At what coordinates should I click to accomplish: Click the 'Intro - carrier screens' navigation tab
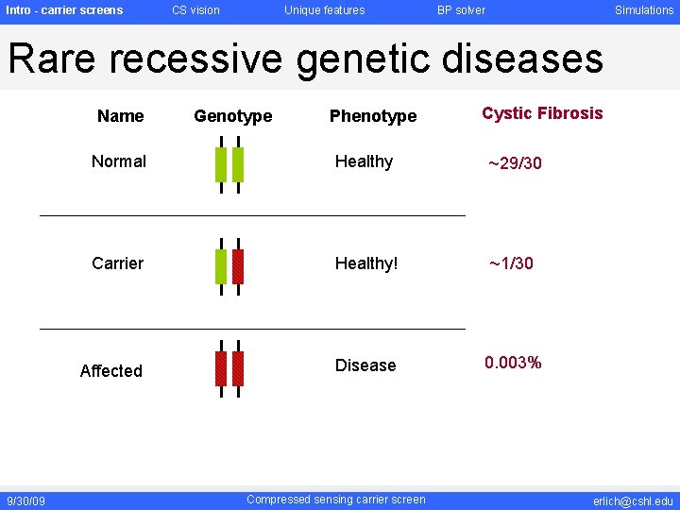[64, 10]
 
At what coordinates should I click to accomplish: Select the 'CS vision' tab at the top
[195, 10]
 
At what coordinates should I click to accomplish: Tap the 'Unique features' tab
[324, 10]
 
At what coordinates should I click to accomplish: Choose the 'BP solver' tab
[461, 10]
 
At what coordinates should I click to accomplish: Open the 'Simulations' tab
[644, 10]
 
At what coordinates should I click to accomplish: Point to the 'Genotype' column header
[232, 116]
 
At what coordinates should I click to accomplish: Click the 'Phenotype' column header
[372, 116]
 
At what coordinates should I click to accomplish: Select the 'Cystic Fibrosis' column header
[542, 113]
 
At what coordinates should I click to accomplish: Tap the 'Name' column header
[121, 116]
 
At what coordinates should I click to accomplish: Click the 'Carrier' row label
[118, 263]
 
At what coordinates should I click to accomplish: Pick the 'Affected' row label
[111, 371]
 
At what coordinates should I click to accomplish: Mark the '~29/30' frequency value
[515, 163]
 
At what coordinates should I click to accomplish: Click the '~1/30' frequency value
[511, 263]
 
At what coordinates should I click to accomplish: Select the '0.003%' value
[513, 363]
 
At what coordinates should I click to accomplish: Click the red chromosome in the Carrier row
[238, 266]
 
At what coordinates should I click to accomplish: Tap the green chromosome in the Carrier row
[221, 266]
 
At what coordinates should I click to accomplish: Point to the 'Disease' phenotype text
[365, 365]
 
